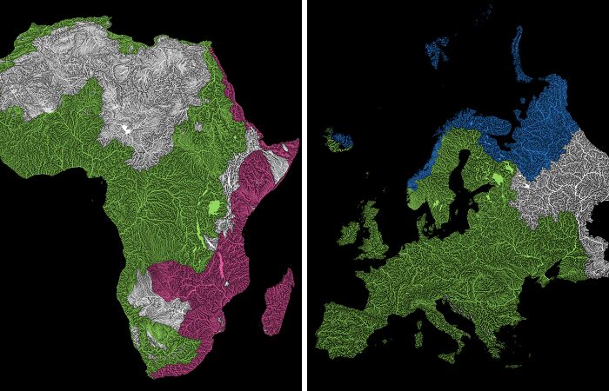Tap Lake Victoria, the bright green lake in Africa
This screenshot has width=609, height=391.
coord(214,209)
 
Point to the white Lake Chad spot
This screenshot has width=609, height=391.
coord(129,129)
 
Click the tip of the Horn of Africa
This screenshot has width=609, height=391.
coord(297,140)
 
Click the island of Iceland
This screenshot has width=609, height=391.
coord(340,139)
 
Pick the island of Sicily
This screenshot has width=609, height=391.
coord(452,355)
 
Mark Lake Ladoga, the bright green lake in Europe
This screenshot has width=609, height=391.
coord(497,180)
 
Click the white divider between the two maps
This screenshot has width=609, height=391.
coord(304,195)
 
